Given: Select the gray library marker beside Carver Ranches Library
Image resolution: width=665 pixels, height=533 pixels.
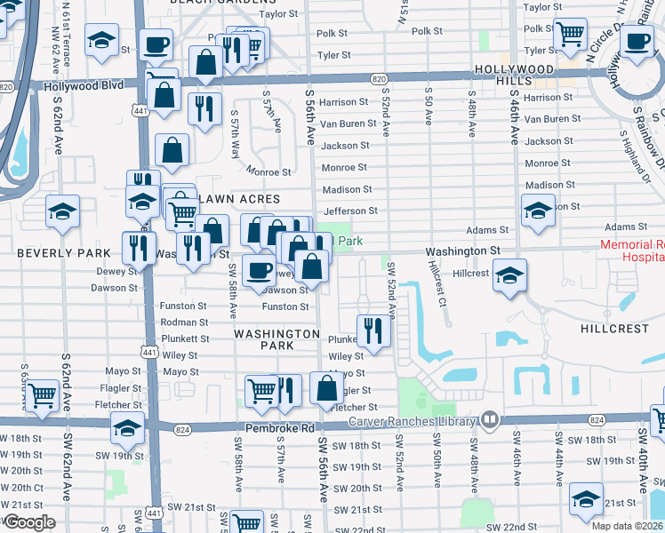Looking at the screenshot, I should tap(490, 419).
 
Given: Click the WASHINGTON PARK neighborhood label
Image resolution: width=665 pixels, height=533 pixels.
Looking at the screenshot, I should tap(276, 339).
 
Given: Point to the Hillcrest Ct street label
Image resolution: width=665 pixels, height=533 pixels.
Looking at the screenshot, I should tap(436, 282).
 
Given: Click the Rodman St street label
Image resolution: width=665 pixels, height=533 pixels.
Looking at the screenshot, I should tap(186, 322).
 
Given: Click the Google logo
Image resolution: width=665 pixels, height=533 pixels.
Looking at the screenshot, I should tap(29, 522).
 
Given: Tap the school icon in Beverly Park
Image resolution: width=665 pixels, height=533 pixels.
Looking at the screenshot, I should tap(61, 212).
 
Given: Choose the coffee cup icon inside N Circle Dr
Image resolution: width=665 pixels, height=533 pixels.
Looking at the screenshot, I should tap(637, 40).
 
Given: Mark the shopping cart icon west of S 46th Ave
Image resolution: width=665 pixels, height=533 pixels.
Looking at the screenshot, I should tap(569, 34).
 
